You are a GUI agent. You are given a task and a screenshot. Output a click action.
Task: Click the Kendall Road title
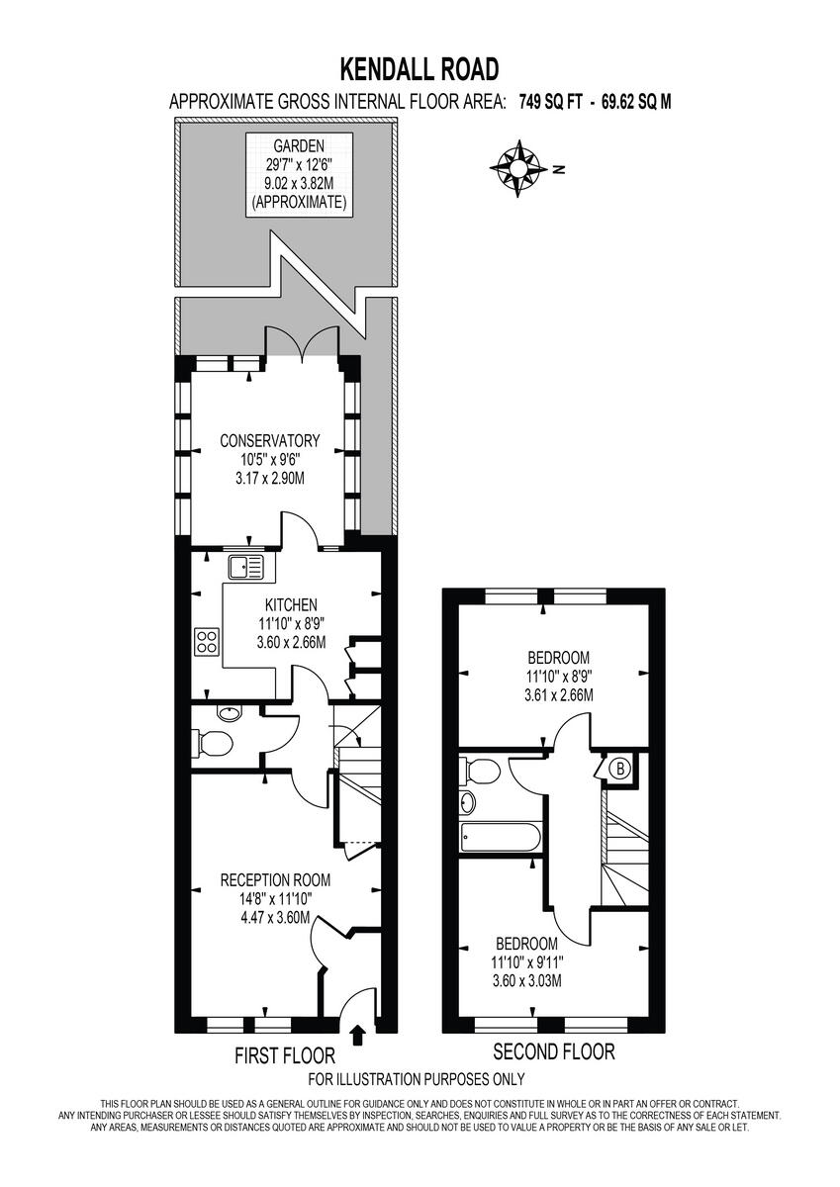pos(420,68)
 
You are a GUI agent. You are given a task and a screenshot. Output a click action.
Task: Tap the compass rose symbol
pos(516,167)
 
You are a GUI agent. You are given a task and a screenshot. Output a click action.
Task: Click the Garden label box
pos(298,174)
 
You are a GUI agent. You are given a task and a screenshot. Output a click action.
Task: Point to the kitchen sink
pos(245,567)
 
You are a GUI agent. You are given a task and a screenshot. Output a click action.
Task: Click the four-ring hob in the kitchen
pos(207,640)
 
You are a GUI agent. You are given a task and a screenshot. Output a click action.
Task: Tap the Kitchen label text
pos(290,604)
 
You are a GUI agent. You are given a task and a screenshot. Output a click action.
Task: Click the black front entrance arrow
pos(358,1035)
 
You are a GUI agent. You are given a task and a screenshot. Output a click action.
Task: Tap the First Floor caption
pos(284,1055)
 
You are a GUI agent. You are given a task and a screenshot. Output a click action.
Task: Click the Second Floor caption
pos(553,1051)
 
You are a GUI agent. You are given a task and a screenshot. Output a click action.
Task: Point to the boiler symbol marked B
pos(620,767)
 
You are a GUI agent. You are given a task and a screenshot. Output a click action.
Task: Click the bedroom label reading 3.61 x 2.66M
pos(558,676)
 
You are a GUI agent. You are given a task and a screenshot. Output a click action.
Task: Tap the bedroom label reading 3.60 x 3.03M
pos(526,961)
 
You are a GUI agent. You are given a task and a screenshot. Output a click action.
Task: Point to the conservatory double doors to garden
pos(302,342)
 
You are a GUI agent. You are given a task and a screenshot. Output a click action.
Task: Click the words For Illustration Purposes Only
pos(417,1079)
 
